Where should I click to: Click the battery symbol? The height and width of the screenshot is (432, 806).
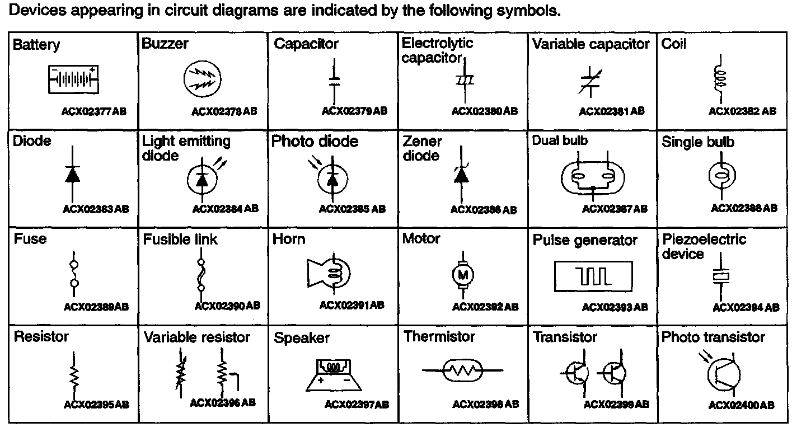point(74,79)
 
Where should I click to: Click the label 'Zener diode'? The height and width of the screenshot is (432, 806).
point(423,149)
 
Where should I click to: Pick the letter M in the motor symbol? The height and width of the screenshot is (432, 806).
point(463,274)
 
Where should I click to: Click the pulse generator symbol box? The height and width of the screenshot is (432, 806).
point(593,275)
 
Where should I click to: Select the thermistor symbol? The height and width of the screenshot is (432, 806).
point(462,370)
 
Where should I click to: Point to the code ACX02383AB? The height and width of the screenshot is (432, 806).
point(96,209)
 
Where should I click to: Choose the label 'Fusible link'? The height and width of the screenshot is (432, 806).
point(180,240)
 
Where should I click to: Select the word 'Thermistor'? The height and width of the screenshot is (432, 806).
point(439,337)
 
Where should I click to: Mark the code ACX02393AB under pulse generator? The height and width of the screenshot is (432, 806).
point(615,307)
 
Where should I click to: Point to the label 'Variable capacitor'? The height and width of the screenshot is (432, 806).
point(591,44)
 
